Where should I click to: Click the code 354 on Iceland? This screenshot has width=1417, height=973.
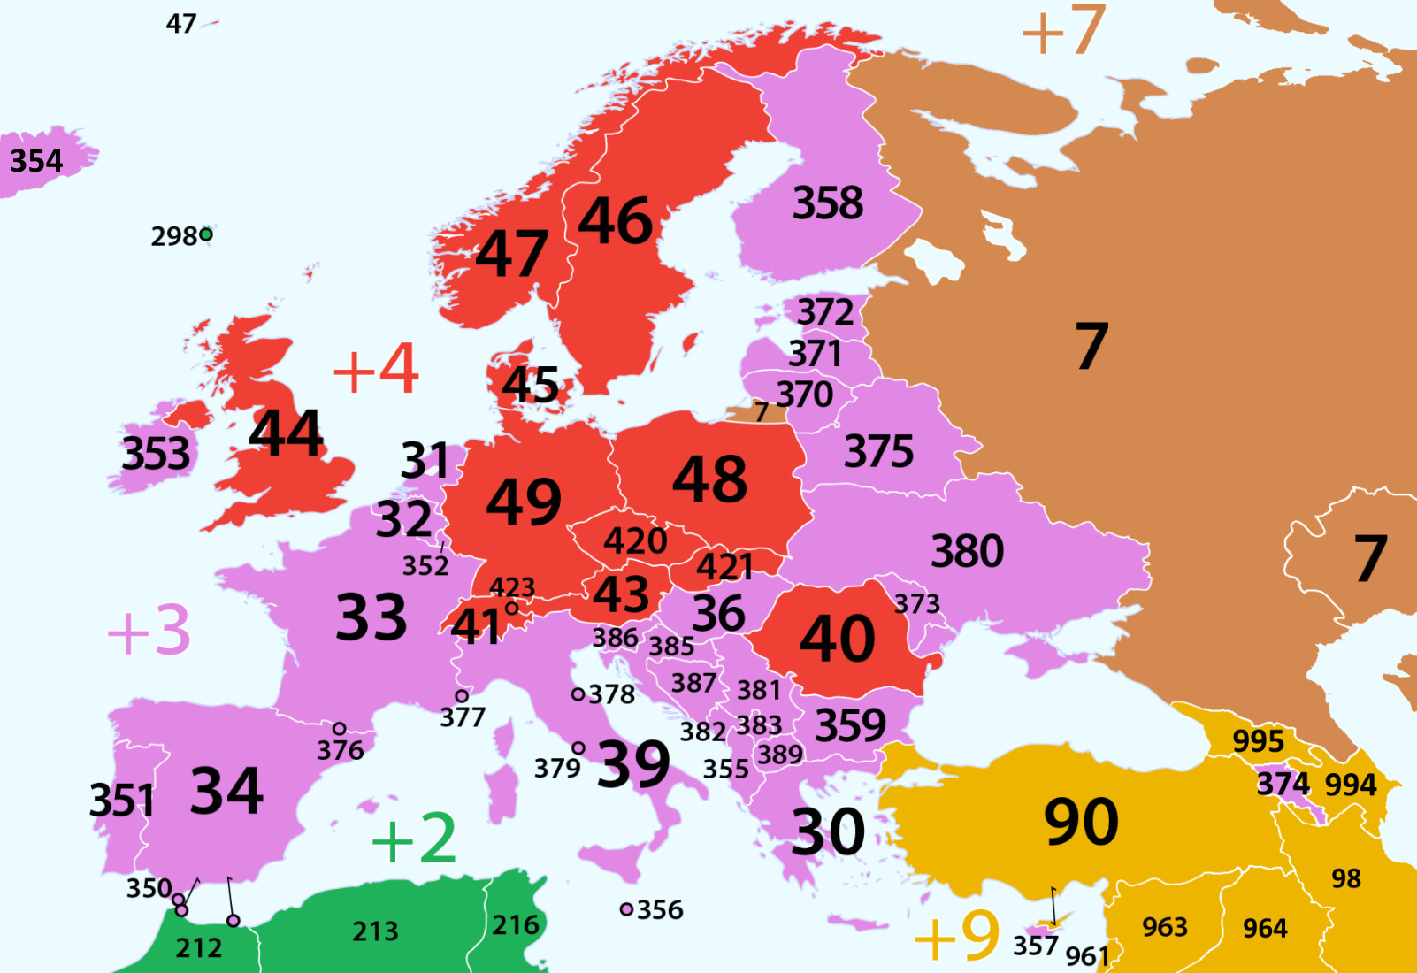click(36, 161)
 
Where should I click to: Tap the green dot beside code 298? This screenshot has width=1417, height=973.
click(206, 234)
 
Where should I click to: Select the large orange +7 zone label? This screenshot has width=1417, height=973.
click(1063, 30)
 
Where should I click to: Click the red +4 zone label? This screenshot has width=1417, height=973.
click(376, 369)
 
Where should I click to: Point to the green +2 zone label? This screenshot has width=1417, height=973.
click(414, 839)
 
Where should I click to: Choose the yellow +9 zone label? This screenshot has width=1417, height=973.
click(956, 936)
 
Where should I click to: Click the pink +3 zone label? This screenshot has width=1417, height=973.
click(149, 631)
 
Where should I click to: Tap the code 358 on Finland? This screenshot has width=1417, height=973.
click(827, 203)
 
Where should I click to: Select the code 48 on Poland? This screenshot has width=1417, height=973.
click(709, 479)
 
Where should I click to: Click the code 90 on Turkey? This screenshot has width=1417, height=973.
click(1081, 822)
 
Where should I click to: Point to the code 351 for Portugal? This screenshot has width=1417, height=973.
click(122, 801)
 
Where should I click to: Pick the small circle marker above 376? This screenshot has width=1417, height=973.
click(339, 729)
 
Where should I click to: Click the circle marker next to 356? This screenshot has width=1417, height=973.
click(626, 909)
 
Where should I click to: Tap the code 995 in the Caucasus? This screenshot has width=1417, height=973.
click(1257, 741)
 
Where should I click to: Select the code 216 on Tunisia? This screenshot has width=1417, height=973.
click(516, 925)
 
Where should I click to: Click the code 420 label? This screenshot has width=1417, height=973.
click(635, 540)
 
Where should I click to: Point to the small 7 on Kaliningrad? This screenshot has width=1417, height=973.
click(761, 412)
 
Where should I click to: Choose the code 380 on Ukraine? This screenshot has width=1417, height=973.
click(967, 551)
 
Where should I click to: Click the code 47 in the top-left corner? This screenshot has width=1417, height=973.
click(181, 24)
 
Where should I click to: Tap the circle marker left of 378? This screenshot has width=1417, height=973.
click(578, 694)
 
